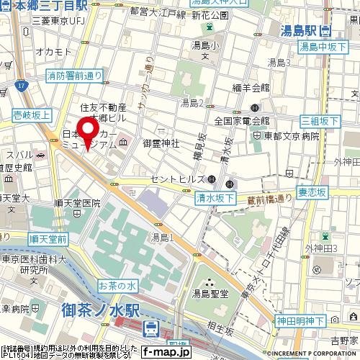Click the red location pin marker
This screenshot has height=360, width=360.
pyautogui.click(x=89, y=132)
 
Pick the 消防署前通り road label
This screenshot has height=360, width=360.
pyautogui.click(x=74, y=74)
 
